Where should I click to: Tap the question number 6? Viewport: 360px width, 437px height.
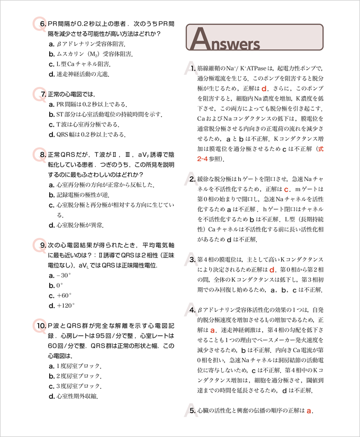click(41, 24)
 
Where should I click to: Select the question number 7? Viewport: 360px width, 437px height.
click(41, 94)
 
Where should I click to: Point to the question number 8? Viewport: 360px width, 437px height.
click(41, 155)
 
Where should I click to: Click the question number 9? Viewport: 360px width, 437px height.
click(41, 245)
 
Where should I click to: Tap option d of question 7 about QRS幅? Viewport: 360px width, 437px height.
click(87, 135)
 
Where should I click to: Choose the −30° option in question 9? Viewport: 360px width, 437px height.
click(59, 275)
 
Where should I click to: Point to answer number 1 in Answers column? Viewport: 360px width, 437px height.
click(192, 68)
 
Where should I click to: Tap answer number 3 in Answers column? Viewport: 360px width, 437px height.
click(192, 260)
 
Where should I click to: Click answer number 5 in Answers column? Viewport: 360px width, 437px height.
click(192, 411)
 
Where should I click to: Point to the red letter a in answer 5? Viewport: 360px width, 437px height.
click(309, 411)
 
